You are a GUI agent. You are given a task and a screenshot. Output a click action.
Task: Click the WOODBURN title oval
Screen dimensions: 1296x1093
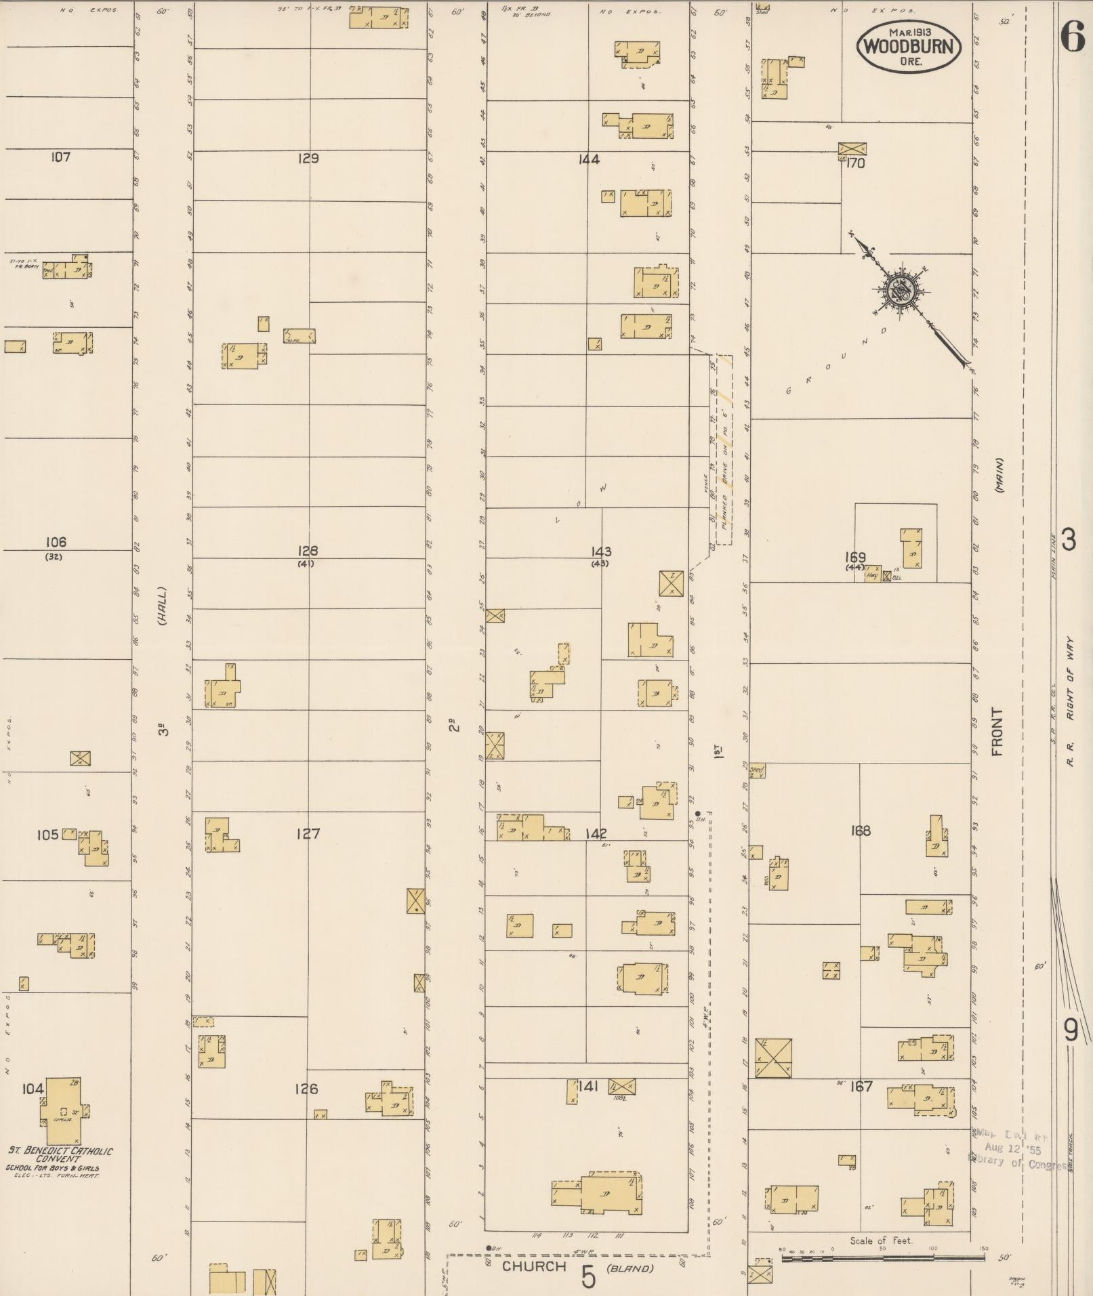(908, 47)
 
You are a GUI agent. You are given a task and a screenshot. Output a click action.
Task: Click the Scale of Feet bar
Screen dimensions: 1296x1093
(882, 1257)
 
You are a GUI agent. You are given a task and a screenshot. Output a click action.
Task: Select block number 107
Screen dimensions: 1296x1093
(60, 157)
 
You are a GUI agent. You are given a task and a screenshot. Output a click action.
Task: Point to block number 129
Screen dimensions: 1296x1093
(308, 159)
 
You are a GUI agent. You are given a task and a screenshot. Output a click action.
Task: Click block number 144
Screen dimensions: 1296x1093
(589, 160)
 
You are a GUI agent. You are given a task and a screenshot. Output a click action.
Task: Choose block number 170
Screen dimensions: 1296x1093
(856, 163)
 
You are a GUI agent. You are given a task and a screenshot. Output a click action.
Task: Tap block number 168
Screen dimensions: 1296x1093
(860, 831)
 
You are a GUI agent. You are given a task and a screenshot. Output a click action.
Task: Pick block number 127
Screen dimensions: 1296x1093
(308, 834)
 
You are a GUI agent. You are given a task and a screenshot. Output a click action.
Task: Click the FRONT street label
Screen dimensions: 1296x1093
(997, 732)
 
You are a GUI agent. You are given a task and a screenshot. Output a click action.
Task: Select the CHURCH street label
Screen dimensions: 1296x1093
(534, 1266)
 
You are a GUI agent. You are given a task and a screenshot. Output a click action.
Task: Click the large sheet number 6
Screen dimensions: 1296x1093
(1073, 37)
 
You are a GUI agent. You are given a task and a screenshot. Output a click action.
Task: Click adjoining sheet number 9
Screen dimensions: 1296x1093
(1071, 1030)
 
